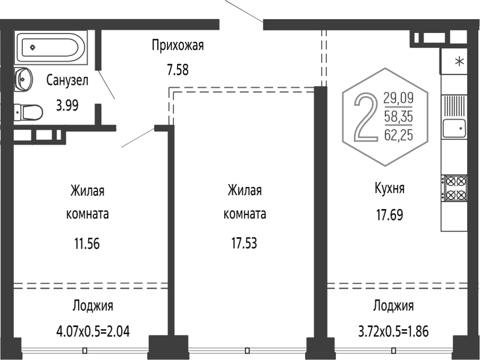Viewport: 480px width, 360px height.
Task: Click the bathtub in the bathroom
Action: click(x=51, y=47)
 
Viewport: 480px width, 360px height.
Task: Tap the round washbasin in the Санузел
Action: click(x=23, y=79)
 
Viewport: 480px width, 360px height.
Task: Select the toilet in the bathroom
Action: click(x=28, y=113)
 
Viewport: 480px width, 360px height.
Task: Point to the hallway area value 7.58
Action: click(x=178, y=69)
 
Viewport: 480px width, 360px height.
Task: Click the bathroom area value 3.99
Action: click(x=67, y=105)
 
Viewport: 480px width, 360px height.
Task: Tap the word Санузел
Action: click(x=67, y=80)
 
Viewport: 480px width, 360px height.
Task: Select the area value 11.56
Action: click(x=87, y=244)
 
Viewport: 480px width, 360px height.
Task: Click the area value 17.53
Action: click(x=244, y=243)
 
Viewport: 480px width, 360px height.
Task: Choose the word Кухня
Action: click(x=389, y=188)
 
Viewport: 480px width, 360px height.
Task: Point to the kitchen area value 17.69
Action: click(x=389, y=214)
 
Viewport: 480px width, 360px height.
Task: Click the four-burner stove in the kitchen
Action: click(x=454, y=188)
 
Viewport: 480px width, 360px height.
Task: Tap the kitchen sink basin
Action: click(x=454, y=128)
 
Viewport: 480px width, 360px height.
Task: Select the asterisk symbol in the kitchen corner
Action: click(x=459, y=62)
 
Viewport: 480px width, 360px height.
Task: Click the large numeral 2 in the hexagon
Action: click(x=366, y=117)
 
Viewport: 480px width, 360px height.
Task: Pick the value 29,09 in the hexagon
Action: click(x=398, y=98)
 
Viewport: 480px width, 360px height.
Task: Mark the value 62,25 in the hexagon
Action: click(x=398, y=135)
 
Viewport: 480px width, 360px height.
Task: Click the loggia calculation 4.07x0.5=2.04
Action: click(x=93, y=331)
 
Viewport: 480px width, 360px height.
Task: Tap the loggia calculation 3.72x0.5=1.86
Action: click(x=394, y=331)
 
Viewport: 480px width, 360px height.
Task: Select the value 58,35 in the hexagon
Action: click(x=398, y=116)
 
